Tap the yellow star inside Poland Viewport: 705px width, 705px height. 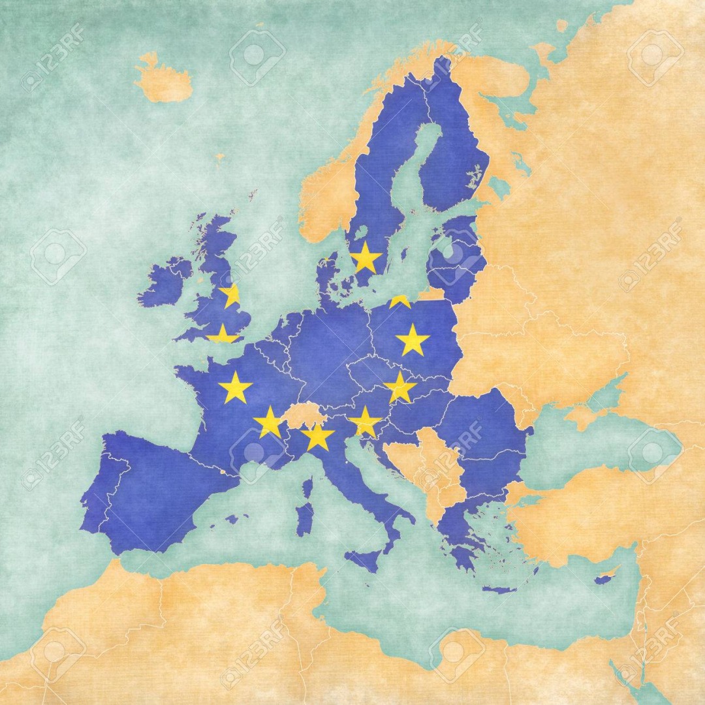click(x=413, y=339)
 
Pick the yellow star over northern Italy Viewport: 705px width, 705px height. click(x=318, y=436)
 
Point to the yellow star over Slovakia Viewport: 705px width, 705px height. click(x=400, y=387)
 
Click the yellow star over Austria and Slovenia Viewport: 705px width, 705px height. click(x=364, y=421)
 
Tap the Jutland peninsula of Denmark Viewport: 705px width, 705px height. click(x=326, y=274)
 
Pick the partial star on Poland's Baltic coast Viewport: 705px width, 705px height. click(x=399, y=301)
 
